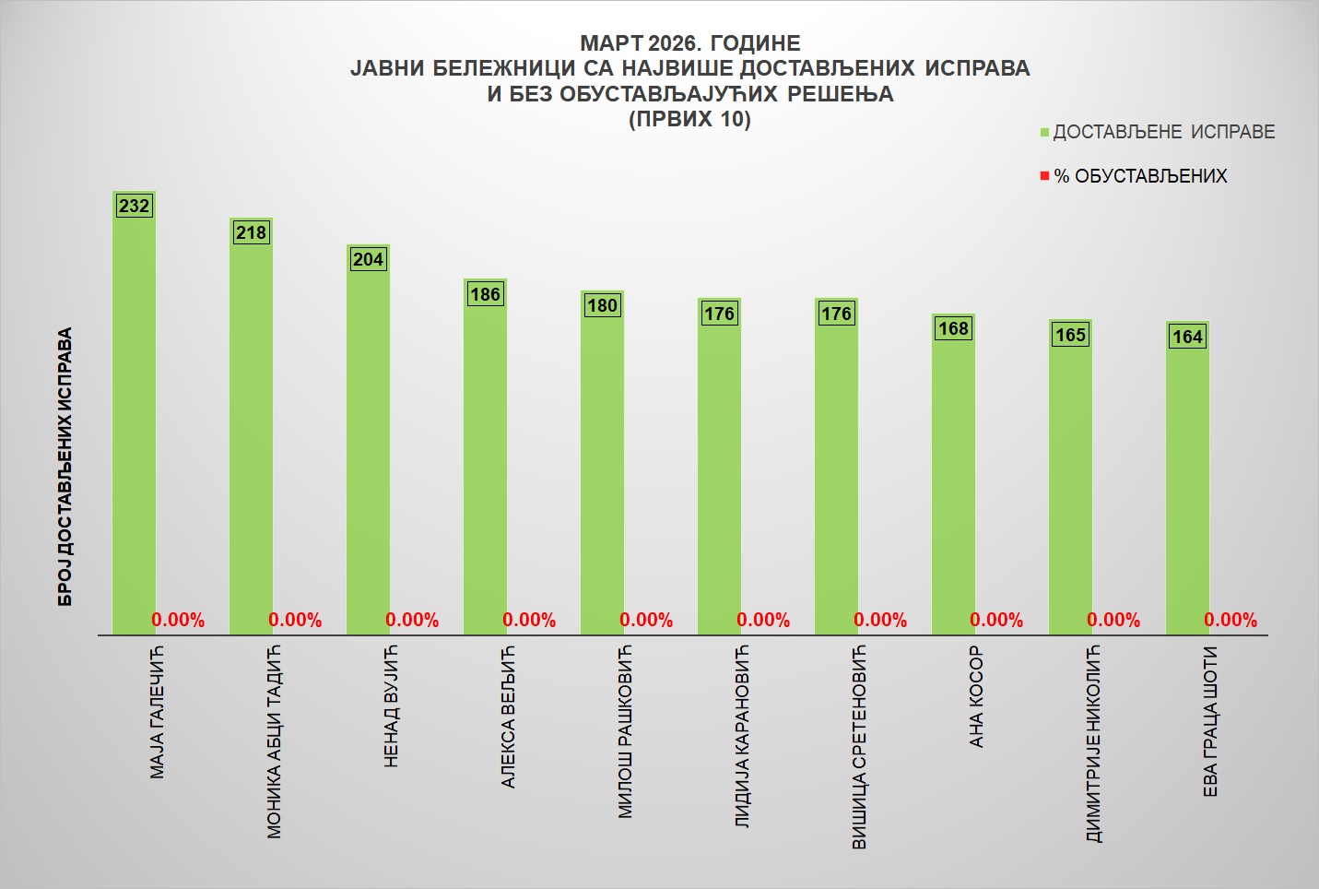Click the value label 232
[x=134, y=206]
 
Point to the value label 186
[x=485, y=294]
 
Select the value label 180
[x=602, y=305]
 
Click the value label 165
[x=1070, y=335]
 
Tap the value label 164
[x=1187, y=337]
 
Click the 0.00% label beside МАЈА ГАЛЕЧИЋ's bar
[x=178, y=620]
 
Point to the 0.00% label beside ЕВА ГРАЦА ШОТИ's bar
[x=1231, y=620]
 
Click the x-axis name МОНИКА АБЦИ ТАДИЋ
[x=274, y=742]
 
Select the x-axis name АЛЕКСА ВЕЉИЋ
[x=508, y=717]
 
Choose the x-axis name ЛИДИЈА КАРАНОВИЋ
[x=742, y=737]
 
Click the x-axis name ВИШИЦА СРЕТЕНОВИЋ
[x=859, y=748]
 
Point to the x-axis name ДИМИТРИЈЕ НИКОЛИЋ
[x=1093, y=744]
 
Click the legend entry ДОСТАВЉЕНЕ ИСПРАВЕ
[x=1163, y=132]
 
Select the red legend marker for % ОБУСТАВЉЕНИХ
[x=1044, y=176]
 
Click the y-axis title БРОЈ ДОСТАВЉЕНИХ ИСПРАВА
[x=65, y=468]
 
